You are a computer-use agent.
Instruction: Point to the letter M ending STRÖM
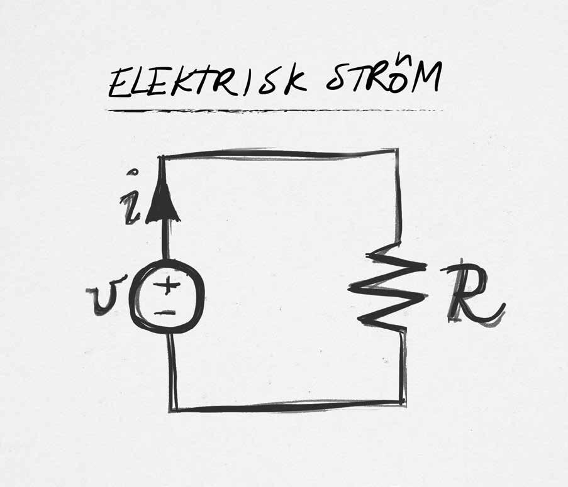[x=427, y=80]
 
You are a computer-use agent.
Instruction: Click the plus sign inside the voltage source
[x=167, y=287]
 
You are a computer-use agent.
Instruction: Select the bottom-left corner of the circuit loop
[x=172, y=409]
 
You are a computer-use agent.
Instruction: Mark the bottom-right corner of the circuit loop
[x=403, y=401]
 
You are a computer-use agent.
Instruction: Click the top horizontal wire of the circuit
[x=277, y=153]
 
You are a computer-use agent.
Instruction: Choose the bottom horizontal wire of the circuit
[x=286, y=406]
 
